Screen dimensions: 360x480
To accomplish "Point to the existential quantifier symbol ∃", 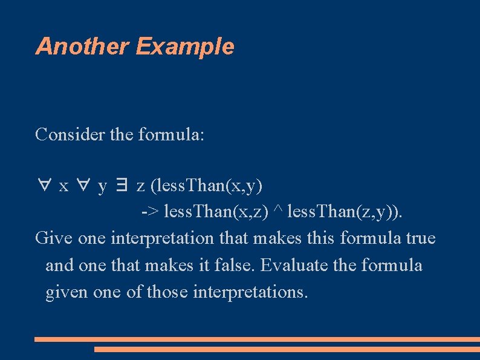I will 122,186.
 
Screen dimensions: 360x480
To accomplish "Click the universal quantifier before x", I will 43,186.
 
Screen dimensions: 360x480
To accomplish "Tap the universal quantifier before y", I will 82,186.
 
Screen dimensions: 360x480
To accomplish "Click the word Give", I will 54,238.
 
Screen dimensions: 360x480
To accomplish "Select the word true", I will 421,238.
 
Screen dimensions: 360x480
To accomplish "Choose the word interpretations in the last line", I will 250,292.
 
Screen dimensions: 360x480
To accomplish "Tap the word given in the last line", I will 66,292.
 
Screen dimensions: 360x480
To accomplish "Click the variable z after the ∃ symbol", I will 140,186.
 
